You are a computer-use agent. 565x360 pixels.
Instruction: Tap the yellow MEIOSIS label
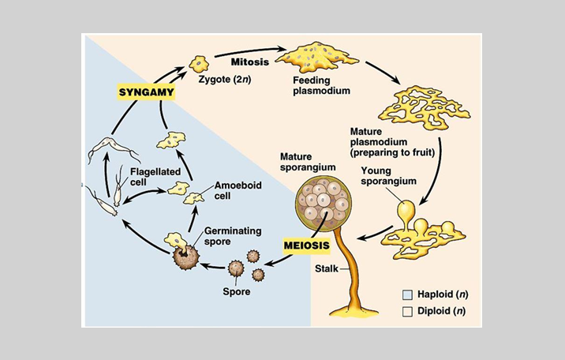pos(305,246)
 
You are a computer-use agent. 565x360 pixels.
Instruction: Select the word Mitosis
pos(250,62)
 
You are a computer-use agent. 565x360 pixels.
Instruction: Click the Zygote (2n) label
pos(225,80)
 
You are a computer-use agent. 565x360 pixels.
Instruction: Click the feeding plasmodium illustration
pos(312,58)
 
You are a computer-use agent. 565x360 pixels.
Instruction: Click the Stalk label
pos(326,269)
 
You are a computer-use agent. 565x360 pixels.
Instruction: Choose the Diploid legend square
pos(408,311)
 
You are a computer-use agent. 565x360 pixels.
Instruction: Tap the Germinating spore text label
pos(229,236)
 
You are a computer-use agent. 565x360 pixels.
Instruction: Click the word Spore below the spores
pos(236,292)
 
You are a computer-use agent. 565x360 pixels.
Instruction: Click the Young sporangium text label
pos(387,175)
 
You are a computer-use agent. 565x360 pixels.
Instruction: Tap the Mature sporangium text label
pos(308,163)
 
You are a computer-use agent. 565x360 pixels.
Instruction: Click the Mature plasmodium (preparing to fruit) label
pos(392,141)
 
